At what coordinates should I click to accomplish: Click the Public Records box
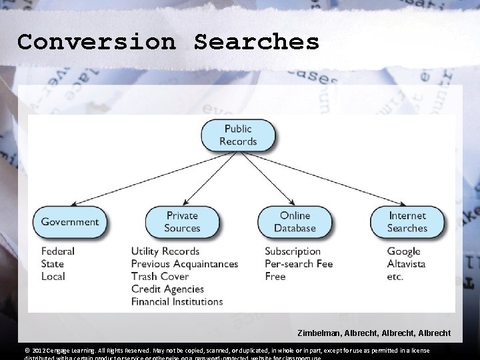(x=238, y=135)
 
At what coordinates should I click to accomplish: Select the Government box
(x=70, y=222)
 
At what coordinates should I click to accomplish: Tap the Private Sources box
(x=182, y=222)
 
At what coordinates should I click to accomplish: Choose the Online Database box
(x=295, y=222)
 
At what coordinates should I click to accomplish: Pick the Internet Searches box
(x=407, y=222)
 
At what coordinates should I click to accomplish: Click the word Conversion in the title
(x=97, y=41)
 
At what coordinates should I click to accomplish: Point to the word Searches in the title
(x=257, y=41)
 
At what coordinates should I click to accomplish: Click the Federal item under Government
(x=58, y=251)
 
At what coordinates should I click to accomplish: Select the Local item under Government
(x=53, y=276)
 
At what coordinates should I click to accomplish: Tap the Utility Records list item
(x=165, y=251)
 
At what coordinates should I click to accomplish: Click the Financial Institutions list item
(x=177, y=301)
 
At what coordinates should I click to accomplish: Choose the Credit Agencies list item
(x=167, y=289)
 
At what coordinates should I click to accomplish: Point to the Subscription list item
(x=293, y=251)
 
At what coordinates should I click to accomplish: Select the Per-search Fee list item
(x=299, y=263)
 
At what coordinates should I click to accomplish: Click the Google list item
(x=404, y=251)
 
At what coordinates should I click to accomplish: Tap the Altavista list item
(x=407, y=263)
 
